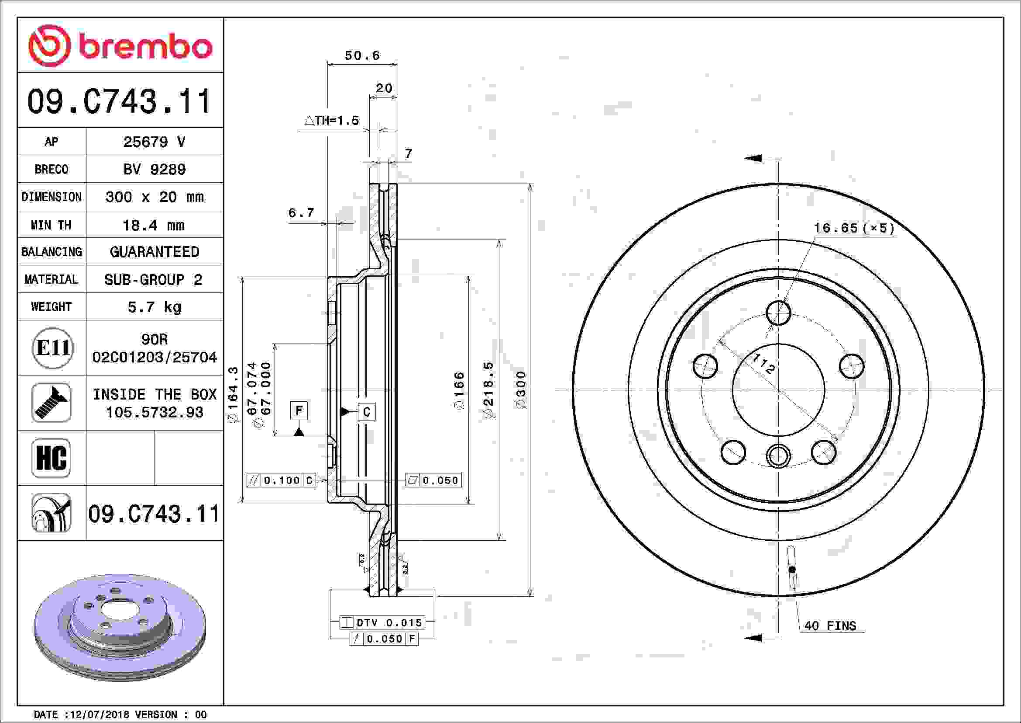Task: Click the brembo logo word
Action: click(145, 47)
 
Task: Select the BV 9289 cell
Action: click(154, 169)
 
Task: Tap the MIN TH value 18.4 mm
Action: click(153, 225)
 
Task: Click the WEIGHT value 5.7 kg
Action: click(154, 307)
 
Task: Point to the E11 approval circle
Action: click(52, 348)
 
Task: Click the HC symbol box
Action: click(51, 458)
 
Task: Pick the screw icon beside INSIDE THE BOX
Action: click(51, 403)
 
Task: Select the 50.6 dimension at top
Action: click(362, 56)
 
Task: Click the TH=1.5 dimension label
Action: click(332, 121)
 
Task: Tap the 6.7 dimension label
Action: click(301, 213)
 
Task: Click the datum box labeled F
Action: click(299, 410)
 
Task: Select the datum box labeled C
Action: click(366, 412)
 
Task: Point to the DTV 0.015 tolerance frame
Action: click(382, 622)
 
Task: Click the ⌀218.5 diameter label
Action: click(489, 389)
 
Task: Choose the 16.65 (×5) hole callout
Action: click(853, 228)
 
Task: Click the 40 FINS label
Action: click(830, 626)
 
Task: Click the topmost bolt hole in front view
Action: click(778, 313)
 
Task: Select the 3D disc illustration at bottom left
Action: click(120, 627)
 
